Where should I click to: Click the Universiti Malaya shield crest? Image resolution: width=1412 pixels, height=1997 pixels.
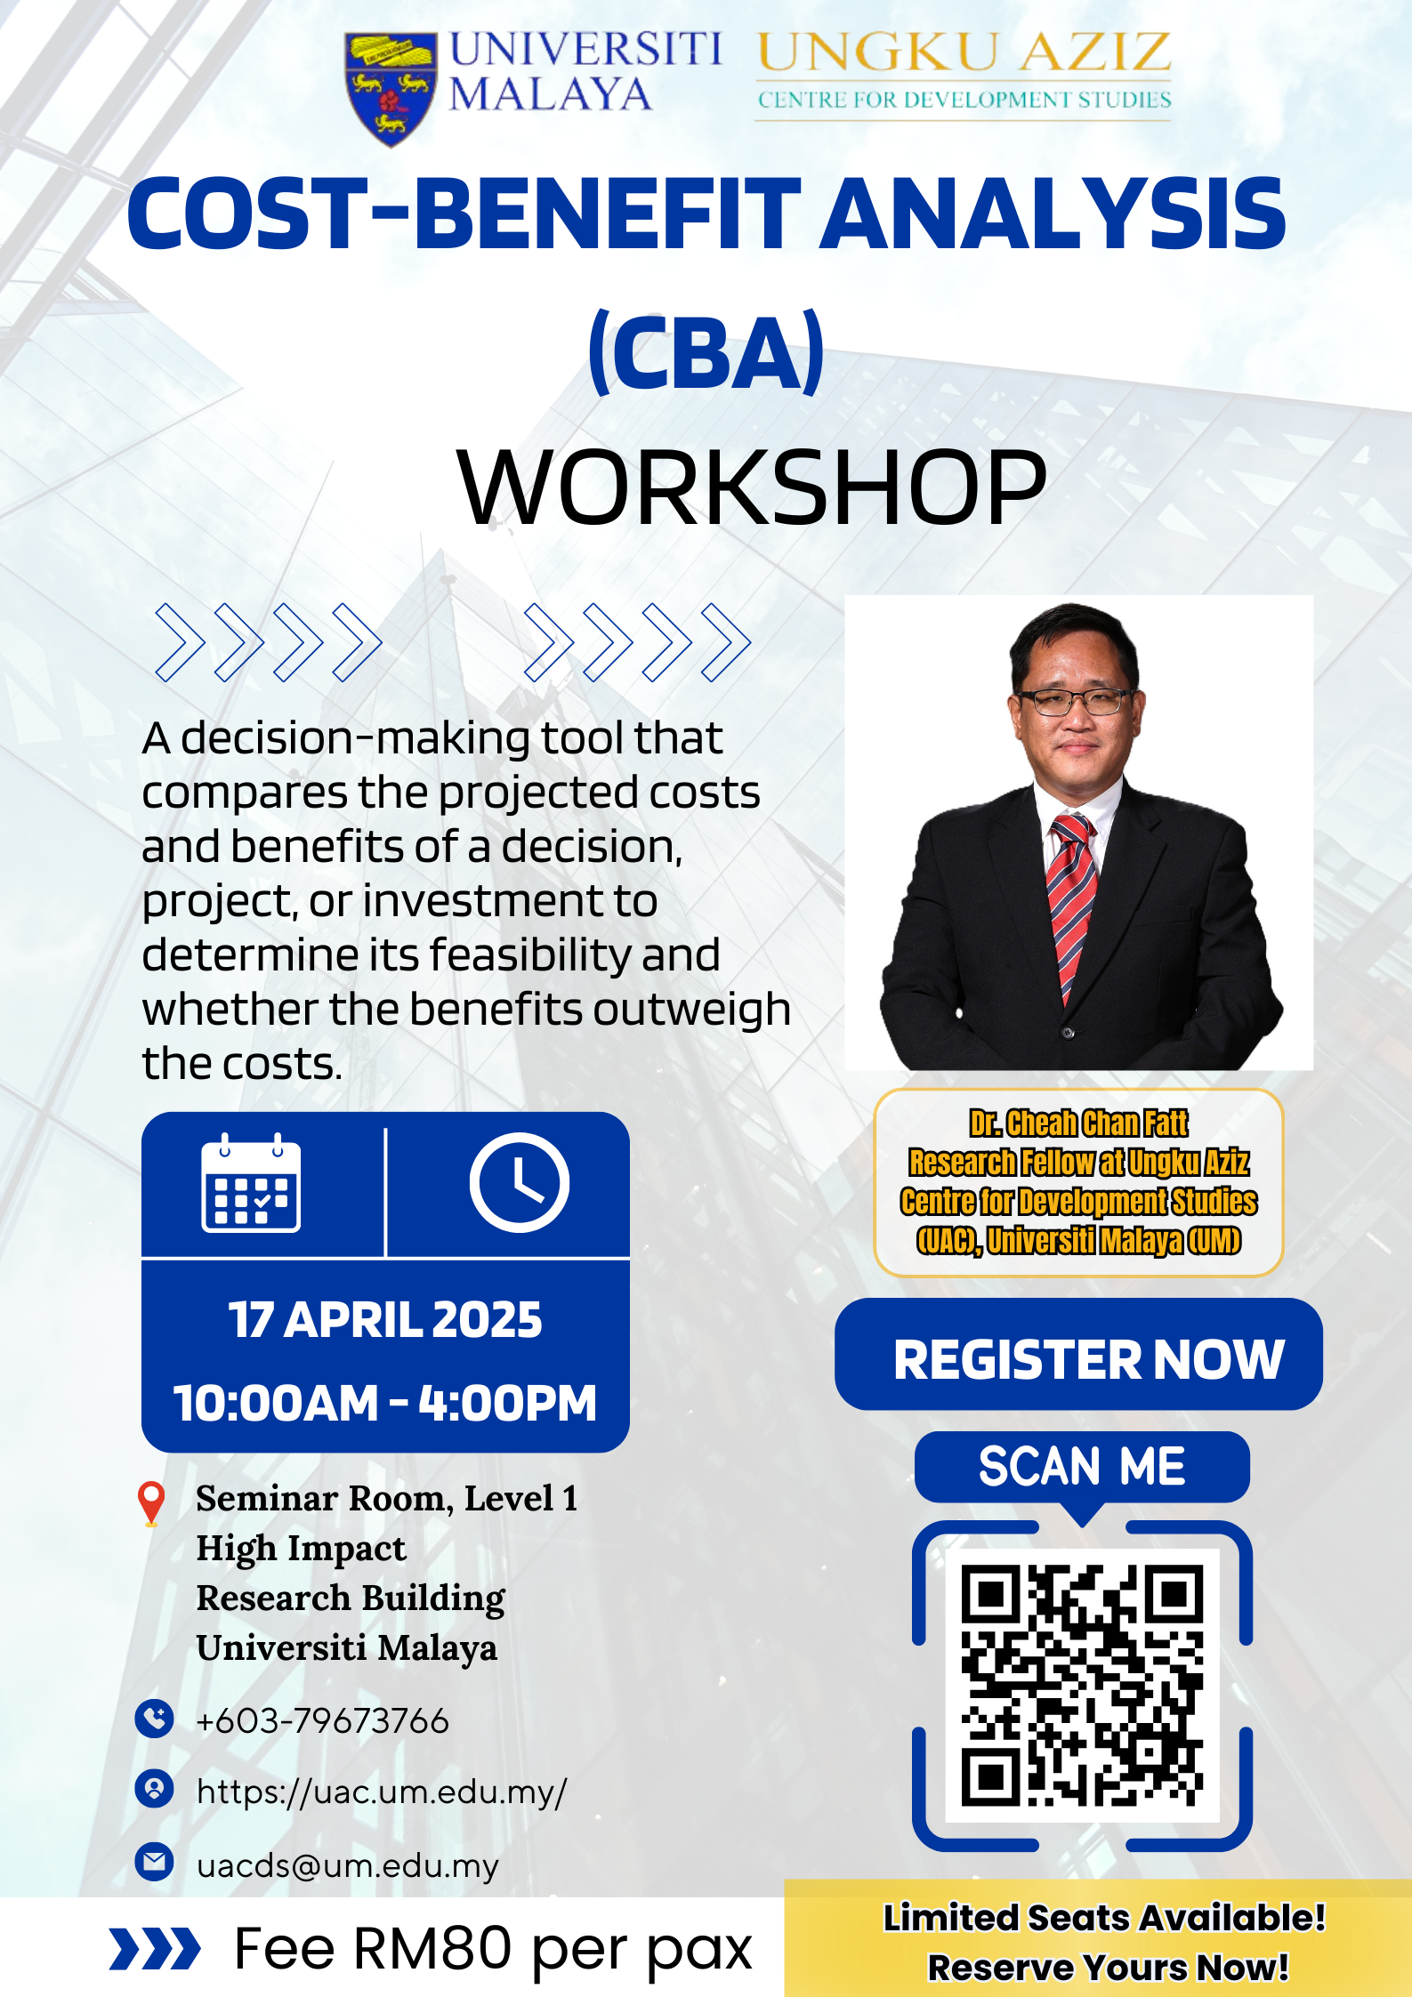tap(391, 88)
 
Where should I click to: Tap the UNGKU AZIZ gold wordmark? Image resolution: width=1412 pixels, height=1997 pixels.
tap(964, 52)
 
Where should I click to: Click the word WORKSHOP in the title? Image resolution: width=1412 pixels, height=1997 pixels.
tap(752, 487)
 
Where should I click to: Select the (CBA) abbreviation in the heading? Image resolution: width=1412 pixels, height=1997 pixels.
tap(706, 352)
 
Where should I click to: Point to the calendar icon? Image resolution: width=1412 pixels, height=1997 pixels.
tap(251, 1183)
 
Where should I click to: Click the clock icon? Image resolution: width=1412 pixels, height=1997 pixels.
tap(520, 1182)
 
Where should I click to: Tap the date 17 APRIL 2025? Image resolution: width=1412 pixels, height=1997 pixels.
tap(385, 1319)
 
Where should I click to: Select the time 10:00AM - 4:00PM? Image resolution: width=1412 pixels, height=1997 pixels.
tap(385, 1403)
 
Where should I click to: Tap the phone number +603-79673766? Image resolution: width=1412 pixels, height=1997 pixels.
tap(322, 1721)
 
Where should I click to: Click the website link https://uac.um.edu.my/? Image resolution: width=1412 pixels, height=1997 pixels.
tap(382, 1792)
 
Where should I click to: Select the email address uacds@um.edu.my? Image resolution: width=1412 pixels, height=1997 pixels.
tap(348, 1865)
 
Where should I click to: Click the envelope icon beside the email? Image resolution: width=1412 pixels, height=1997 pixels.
tap(154, 1861)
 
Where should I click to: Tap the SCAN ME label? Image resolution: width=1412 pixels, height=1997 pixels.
tap(1082, 1466)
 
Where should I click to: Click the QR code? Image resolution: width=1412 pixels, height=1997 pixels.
tap(1082, 1686)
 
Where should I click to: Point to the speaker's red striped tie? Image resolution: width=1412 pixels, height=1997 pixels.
tap(1072, 907)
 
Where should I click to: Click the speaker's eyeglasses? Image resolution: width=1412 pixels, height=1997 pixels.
tap(1077, 702)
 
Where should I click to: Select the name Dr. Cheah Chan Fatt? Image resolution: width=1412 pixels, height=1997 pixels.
tap(1078, 1123)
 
